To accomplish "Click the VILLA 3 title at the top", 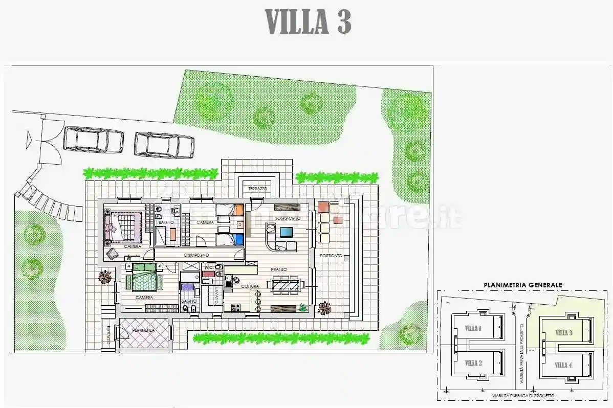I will (x=308, y=22).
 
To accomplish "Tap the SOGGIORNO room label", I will (x=283, y=218).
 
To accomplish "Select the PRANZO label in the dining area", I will (x=279, y=269).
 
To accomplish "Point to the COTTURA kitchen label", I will (x=250, y=286).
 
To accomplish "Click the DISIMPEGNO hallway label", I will (x=200, y=255).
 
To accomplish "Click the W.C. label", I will (x=209, y=267).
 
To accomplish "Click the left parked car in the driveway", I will (x=94, y=140).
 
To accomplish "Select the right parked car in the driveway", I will (x=164, y=145).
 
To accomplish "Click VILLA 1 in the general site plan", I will (x=473, y=328).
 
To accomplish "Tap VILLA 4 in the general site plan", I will (x=563, y=365).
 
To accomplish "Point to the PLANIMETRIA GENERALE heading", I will (x=523, y=285).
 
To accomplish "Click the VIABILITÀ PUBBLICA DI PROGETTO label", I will (x=523, y=395).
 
